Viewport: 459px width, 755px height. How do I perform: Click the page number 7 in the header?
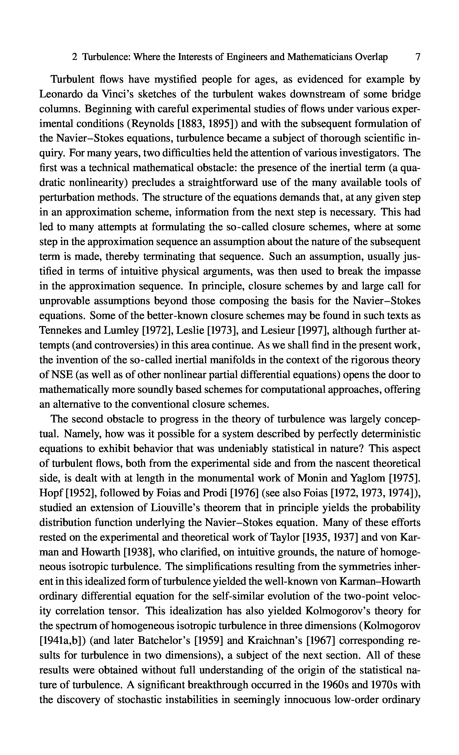coord(417,57)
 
